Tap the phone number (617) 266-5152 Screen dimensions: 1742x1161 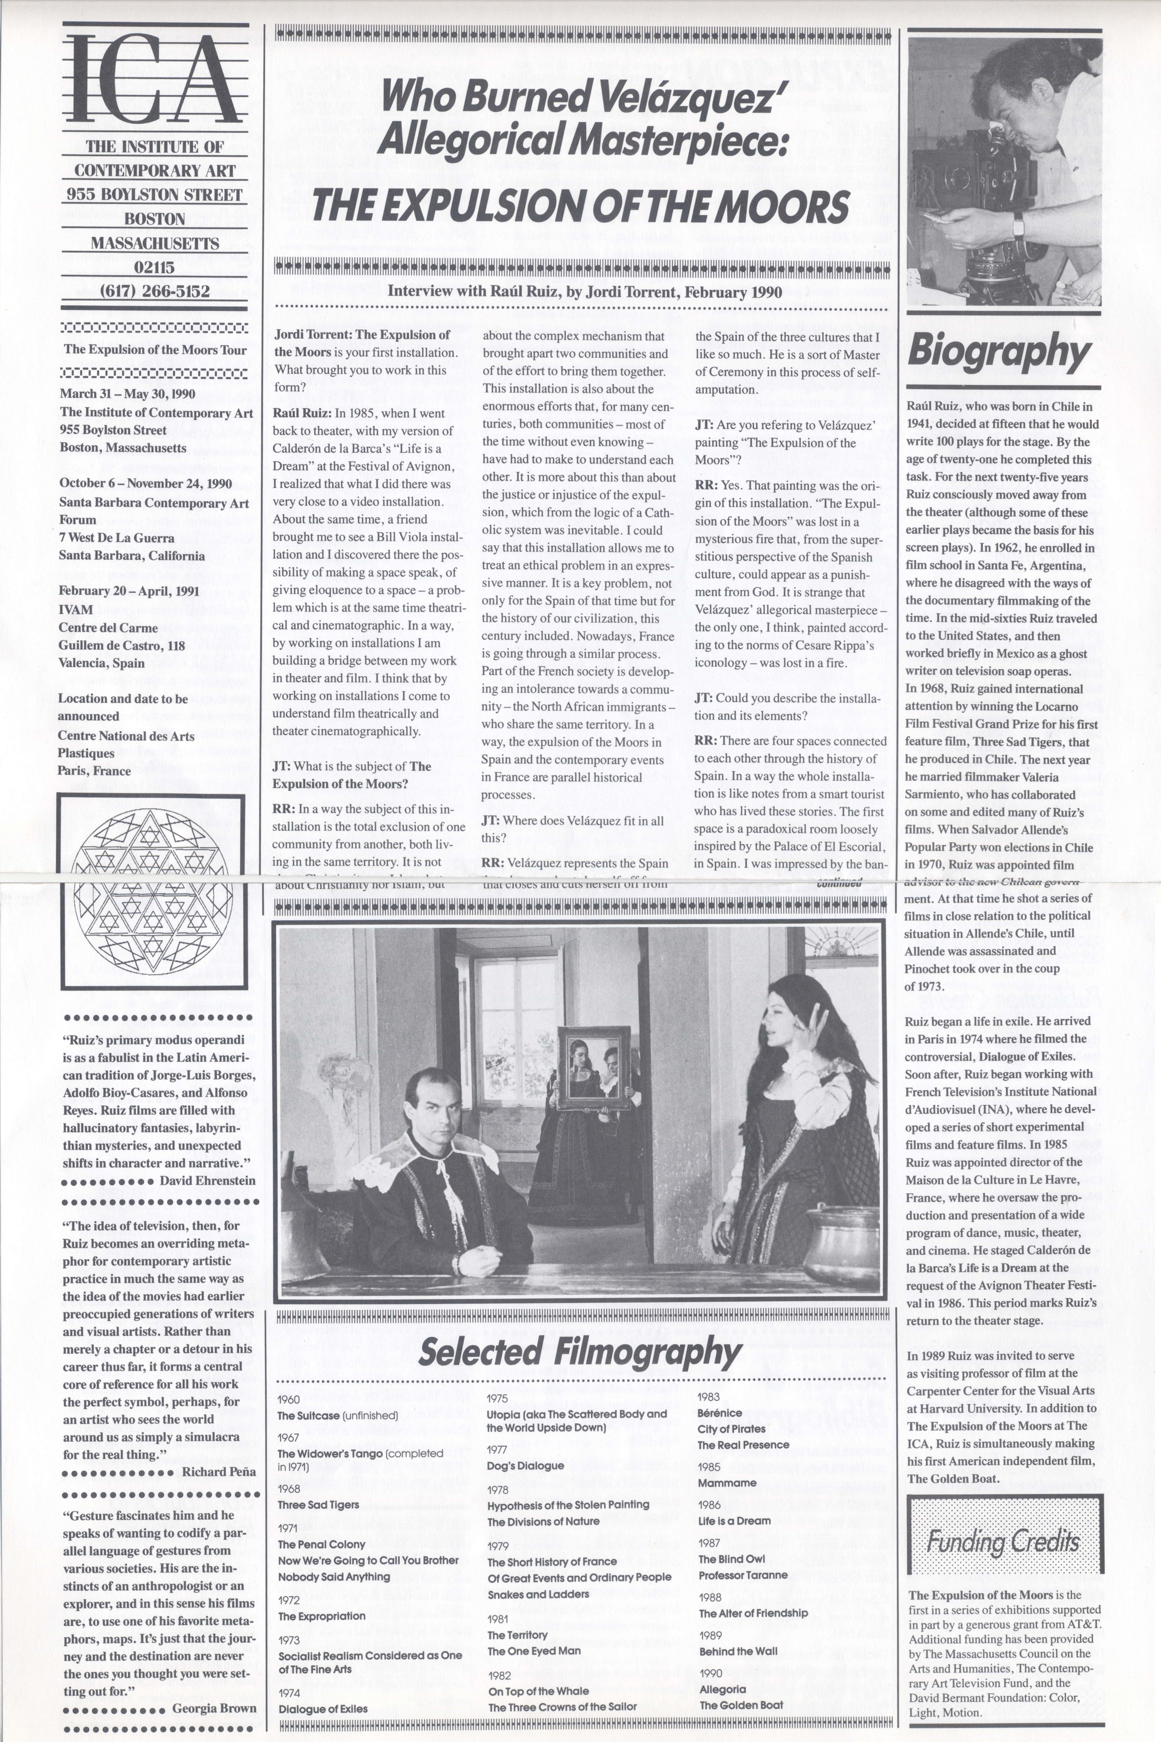coord(155,291)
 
